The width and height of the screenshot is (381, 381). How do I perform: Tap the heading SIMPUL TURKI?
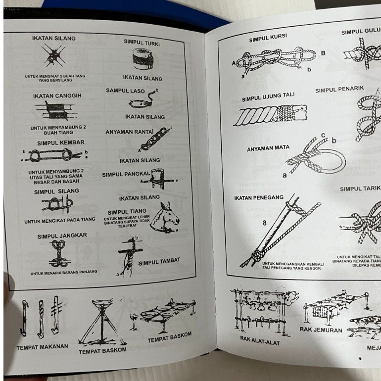pyautogui.click(x=142, y=43)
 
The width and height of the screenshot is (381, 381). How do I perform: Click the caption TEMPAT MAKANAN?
pyautogui.click(x=42, y=347)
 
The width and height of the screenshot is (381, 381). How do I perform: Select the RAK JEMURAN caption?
pyautogui.click(x=321, y=329)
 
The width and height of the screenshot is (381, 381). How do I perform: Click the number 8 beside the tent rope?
pyautogui.click(x=265, y=223)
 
